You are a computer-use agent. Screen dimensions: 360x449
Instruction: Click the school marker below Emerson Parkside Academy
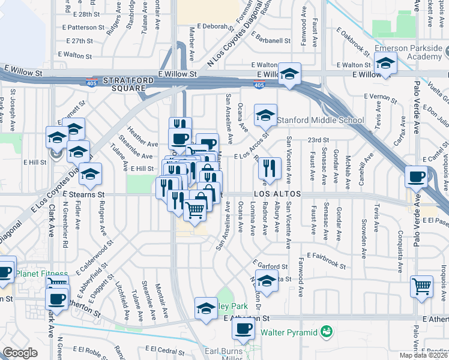(385, 62)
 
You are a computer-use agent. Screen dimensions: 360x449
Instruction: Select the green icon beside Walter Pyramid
(327, 331)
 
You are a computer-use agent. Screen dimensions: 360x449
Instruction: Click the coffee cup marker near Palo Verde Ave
(417, 176)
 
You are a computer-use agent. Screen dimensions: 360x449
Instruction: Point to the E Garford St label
(267, 265)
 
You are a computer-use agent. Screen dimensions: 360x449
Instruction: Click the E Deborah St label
(210, 27)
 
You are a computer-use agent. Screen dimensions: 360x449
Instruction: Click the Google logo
(20, 353)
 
